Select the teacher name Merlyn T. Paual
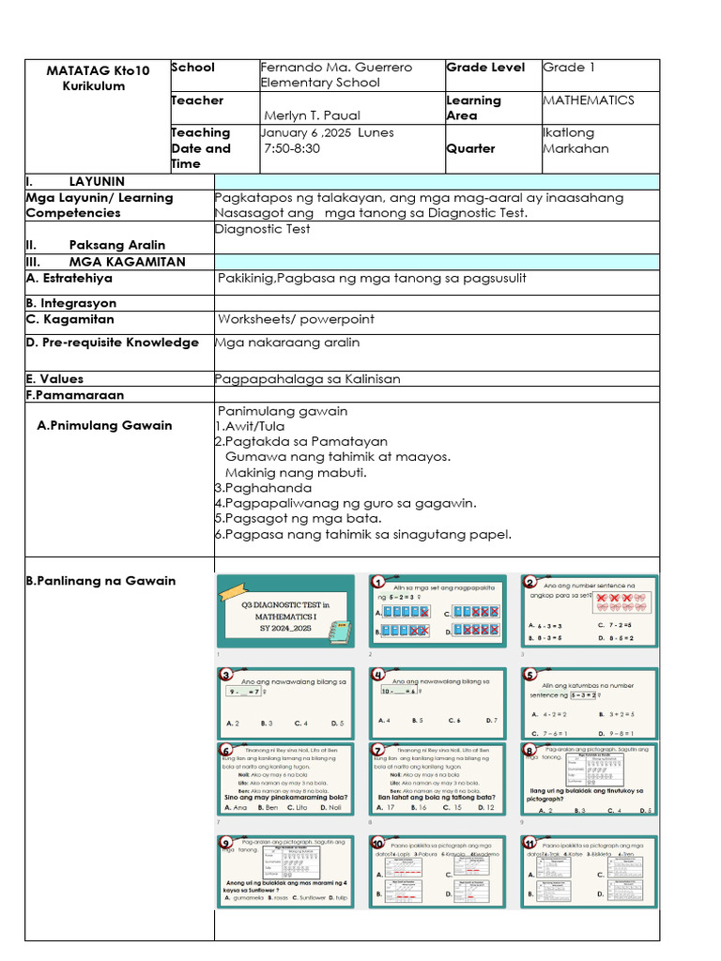[313, 116]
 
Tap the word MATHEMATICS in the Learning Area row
[589, 100]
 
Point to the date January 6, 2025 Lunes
[327, 133]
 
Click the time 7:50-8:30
[292, 148]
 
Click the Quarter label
[470, 148]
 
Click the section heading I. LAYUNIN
[75, 181]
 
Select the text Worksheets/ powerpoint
[296, 319]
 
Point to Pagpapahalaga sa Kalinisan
[307, 379]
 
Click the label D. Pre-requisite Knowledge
[113, 343]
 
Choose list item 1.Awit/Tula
[249, 426]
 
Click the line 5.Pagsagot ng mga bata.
[298, 518]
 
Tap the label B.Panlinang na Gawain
[100, 581]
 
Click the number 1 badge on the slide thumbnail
[378, 582]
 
